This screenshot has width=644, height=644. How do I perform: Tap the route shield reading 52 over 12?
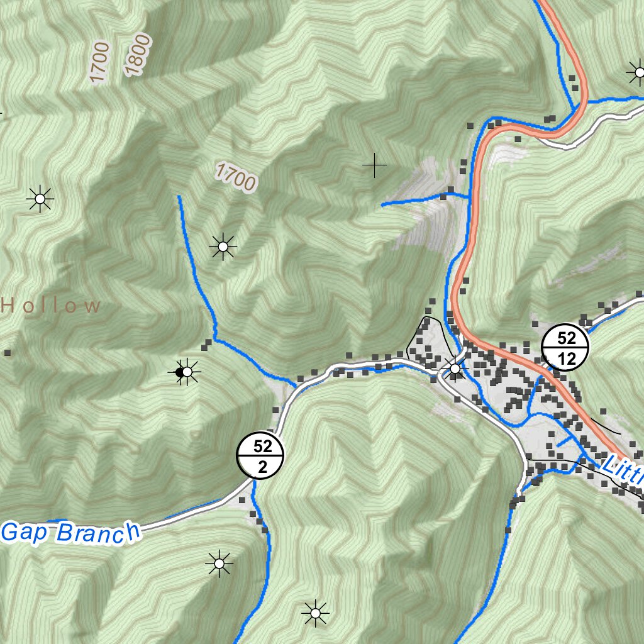coord(566,348)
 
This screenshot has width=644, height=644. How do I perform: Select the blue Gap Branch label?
coord(69,532)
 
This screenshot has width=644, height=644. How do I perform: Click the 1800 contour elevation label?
coord(138,55)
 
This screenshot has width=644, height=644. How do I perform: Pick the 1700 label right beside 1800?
coord(100,62)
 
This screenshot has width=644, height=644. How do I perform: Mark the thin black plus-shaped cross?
coord(375,165)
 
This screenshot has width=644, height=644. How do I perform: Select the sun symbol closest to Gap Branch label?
coord(219,563)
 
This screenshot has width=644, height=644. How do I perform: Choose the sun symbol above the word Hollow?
coord(40,199)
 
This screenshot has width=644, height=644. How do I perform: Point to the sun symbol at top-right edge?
coord(638,72)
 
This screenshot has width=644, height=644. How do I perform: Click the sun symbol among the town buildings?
coord(455,369)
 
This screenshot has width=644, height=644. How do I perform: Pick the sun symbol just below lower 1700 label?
coord(223,247)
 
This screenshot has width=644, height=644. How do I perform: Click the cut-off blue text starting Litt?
coord(623,472)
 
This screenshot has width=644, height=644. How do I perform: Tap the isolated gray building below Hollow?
coord(8,353)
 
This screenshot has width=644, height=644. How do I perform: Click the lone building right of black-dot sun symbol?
coord(208,344)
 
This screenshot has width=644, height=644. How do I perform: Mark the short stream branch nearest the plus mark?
coord(421,199)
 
